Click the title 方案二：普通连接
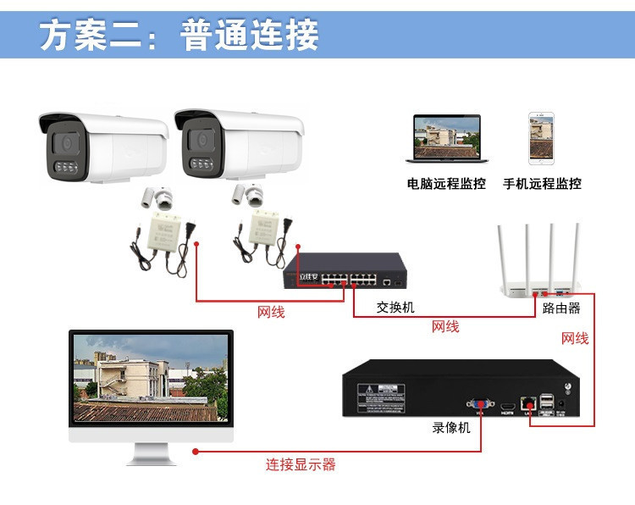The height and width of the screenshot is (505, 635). point(179,36)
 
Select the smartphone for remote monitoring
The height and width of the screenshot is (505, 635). point(541,138)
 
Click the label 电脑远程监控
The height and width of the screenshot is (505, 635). point(446,184)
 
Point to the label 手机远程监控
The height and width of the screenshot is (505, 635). point(542,184)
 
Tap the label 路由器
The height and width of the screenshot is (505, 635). point(561,308)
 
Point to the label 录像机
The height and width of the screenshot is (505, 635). point(451,428)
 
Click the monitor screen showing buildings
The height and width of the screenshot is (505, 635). point(151,379)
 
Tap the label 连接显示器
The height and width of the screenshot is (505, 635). point(301,464)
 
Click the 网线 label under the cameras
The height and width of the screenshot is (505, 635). point(271,313)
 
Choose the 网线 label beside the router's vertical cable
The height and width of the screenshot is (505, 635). point(575,338)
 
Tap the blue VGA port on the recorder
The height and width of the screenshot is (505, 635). point(480,404)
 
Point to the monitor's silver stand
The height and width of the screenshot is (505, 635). point(152,454)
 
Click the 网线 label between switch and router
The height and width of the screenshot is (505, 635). point(445,326)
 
